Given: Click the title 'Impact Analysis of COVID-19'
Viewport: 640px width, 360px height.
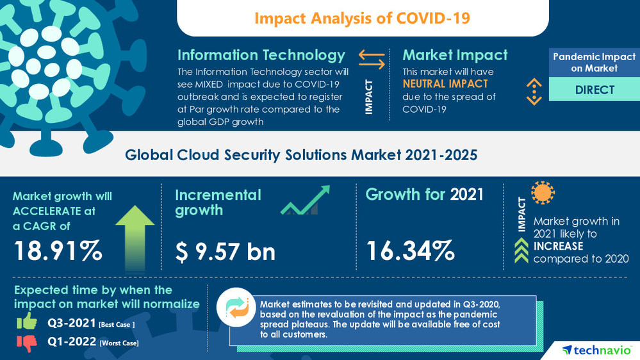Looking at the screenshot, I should (362, 18).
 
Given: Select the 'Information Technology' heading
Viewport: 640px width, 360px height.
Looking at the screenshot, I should (261, 55).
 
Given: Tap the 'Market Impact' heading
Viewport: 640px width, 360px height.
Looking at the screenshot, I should (455, 55).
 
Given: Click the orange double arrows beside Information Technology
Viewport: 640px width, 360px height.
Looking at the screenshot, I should (372, 60).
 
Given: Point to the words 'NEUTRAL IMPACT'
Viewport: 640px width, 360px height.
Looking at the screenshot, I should (445, 84).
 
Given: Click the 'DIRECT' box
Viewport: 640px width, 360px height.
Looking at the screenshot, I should (594, 90).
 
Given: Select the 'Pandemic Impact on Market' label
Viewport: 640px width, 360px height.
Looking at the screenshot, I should (594, 62).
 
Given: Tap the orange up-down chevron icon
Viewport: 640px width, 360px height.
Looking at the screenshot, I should (534, 91).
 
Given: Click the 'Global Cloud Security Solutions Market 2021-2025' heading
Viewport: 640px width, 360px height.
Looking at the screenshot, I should (301, 155).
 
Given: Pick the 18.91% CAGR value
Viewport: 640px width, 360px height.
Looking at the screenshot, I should (58, 251).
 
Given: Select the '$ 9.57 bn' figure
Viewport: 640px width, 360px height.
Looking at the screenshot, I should (226, 252).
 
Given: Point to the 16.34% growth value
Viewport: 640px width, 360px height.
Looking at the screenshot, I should (410, 251).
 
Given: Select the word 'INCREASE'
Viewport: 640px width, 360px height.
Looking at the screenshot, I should (558, 246).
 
